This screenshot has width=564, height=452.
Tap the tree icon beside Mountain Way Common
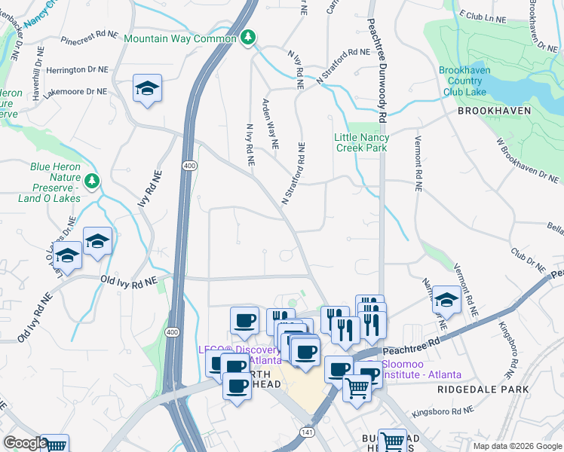coord(248,38)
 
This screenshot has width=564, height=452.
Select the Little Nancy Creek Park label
coord(362,142)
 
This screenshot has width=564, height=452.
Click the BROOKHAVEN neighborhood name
coord(494,111)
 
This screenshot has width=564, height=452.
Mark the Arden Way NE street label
coord(270,122)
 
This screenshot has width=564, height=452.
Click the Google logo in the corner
coord(24,443)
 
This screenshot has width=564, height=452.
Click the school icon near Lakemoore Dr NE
coord(147,89)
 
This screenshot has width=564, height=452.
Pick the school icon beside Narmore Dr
coord(446,300)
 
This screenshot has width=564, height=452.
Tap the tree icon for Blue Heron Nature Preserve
coord(91,181)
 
